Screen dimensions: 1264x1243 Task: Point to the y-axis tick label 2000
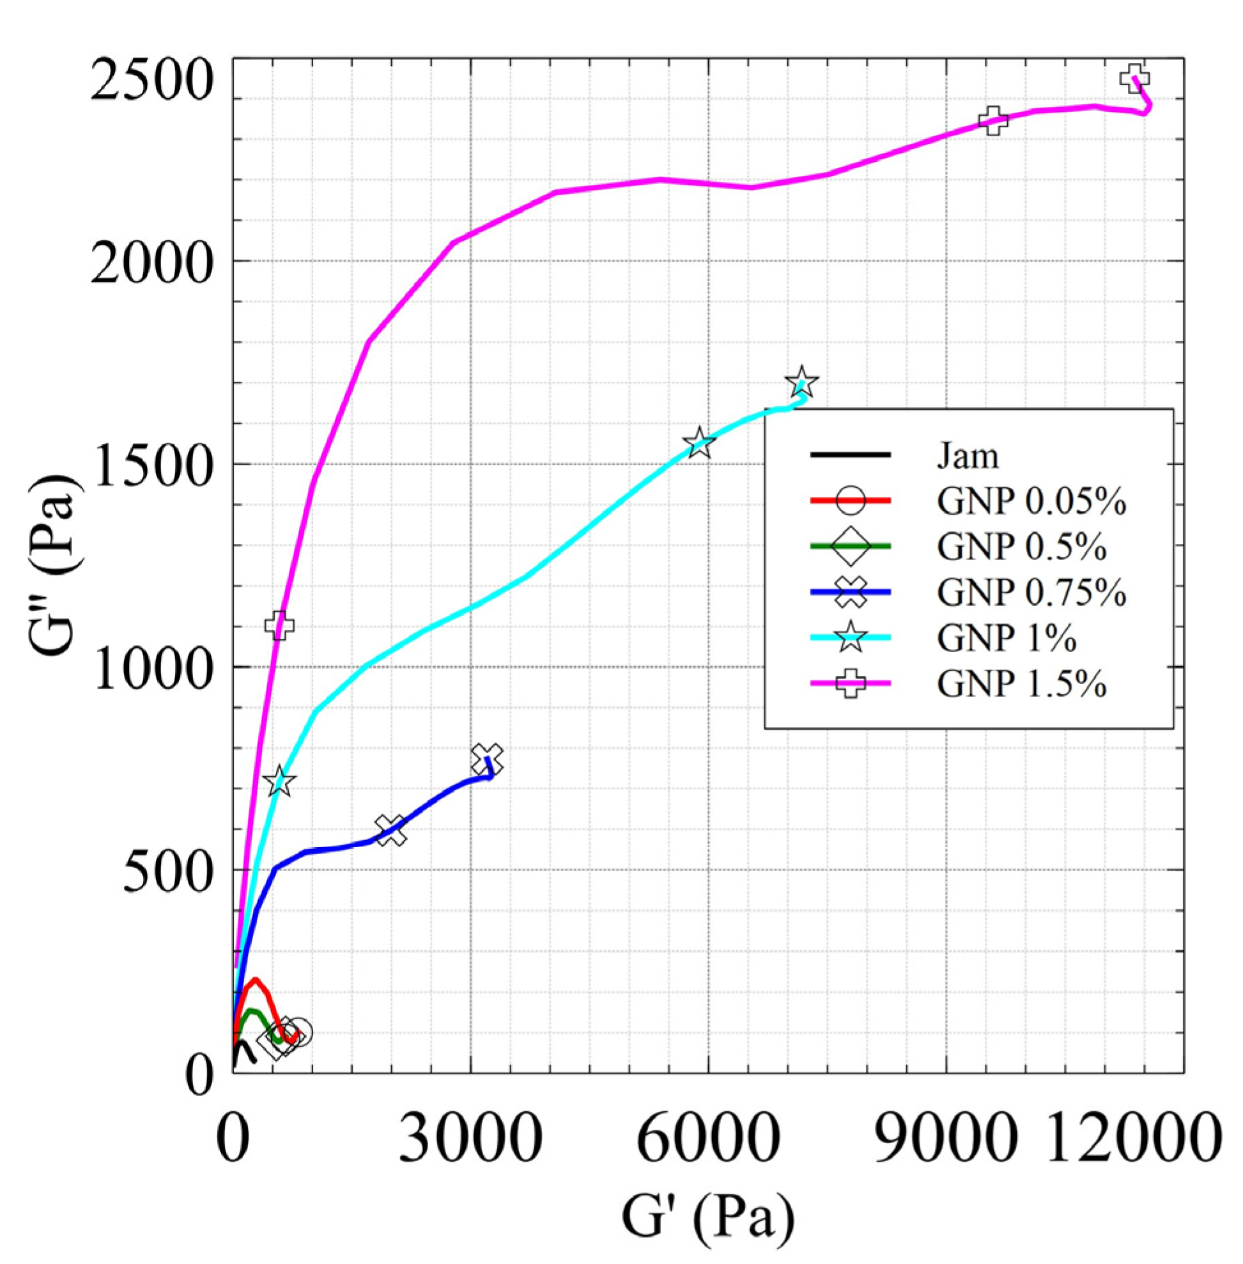(x=152, y=263)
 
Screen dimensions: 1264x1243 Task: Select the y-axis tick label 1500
(x=152, y=465)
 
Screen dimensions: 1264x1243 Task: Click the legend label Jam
(x=968, y=455)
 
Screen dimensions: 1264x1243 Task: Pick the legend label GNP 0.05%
(x=1031, y=502)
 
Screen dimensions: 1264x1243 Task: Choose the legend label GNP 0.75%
(x=1031, y=593)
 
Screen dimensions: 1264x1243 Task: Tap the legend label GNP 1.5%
(x=1022, y=684)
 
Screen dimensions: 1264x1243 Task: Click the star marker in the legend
(x=850, y=637)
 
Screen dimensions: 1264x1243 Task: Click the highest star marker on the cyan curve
(x=801, y=383)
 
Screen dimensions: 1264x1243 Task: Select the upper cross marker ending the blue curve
(x=487, y=758)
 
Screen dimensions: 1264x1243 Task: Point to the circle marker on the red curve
(x=298, y=1031)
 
